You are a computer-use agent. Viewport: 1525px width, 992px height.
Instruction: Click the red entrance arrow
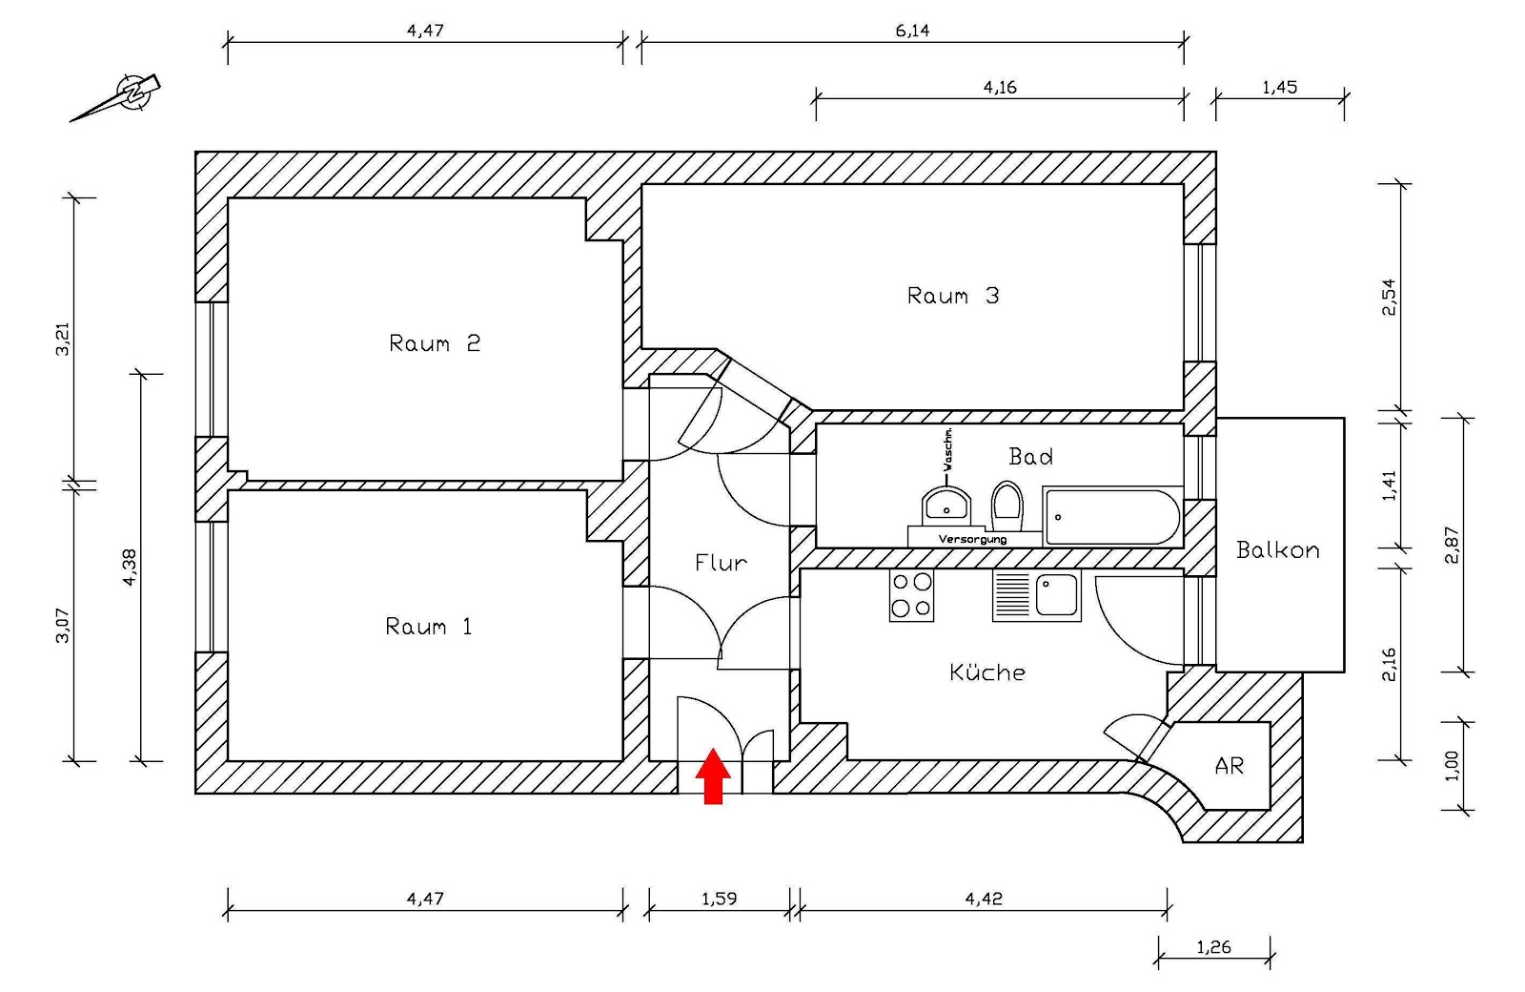point(713,776)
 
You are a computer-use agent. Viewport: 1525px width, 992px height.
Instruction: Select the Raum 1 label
point(428,627)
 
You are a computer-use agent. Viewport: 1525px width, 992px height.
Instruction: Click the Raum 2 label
point(434,343)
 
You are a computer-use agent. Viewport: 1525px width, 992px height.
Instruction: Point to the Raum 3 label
point(952,296)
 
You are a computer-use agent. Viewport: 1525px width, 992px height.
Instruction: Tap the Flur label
point(721,563)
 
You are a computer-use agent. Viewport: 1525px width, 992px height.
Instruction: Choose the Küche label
point(987,672)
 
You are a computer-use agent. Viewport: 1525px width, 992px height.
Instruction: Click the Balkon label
point(1277,550)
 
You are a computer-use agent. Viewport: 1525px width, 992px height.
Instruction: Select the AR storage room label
point(1229,766)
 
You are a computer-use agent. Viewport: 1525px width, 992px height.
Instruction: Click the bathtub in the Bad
point(1111,517)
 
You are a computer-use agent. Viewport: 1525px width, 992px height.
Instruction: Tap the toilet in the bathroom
point(1006,505)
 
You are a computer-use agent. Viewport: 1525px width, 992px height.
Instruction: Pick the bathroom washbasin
point(946,506)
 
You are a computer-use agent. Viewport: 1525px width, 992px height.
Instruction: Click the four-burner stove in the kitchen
point(911,595)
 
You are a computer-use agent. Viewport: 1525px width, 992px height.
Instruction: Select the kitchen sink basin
point(1057,595)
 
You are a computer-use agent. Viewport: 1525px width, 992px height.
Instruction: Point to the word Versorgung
point(972,540)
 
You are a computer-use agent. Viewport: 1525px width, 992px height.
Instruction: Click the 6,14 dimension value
point(912,31)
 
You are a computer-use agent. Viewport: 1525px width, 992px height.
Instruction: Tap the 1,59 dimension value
point(719,899)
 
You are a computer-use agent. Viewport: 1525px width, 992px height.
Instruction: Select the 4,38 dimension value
point(131,567)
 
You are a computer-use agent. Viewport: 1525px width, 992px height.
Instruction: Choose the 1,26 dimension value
point(1213,947)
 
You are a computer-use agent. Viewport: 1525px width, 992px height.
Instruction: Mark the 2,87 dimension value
point(1452,545)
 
